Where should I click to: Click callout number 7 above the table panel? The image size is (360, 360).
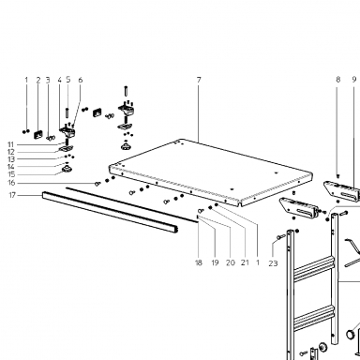199,80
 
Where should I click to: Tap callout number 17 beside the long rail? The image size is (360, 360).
12,195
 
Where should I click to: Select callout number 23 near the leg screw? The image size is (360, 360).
273,263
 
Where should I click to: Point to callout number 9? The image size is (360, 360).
354,80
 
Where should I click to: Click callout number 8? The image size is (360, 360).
338,80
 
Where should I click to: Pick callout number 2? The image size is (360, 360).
38,80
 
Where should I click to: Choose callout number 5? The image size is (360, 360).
68,80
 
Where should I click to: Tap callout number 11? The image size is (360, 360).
11,144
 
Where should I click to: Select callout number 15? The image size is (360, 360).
11,174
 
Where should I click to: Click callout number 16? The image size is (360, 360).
11,183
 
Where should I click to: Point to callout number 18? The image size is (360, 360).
199,262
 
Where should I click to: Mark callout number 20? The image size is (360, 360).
231,262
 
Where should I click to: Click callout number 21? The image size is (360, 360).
245,262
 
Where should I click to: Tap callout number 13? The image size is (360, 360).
11,159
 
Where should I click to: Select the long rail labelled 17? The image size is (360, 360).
110,213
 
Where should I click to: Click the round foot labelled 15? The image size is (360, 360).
67,170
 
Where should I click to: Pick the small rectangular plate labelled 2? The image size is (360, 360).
38,134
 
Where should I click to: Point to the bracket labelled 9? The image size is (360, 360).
342,191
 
